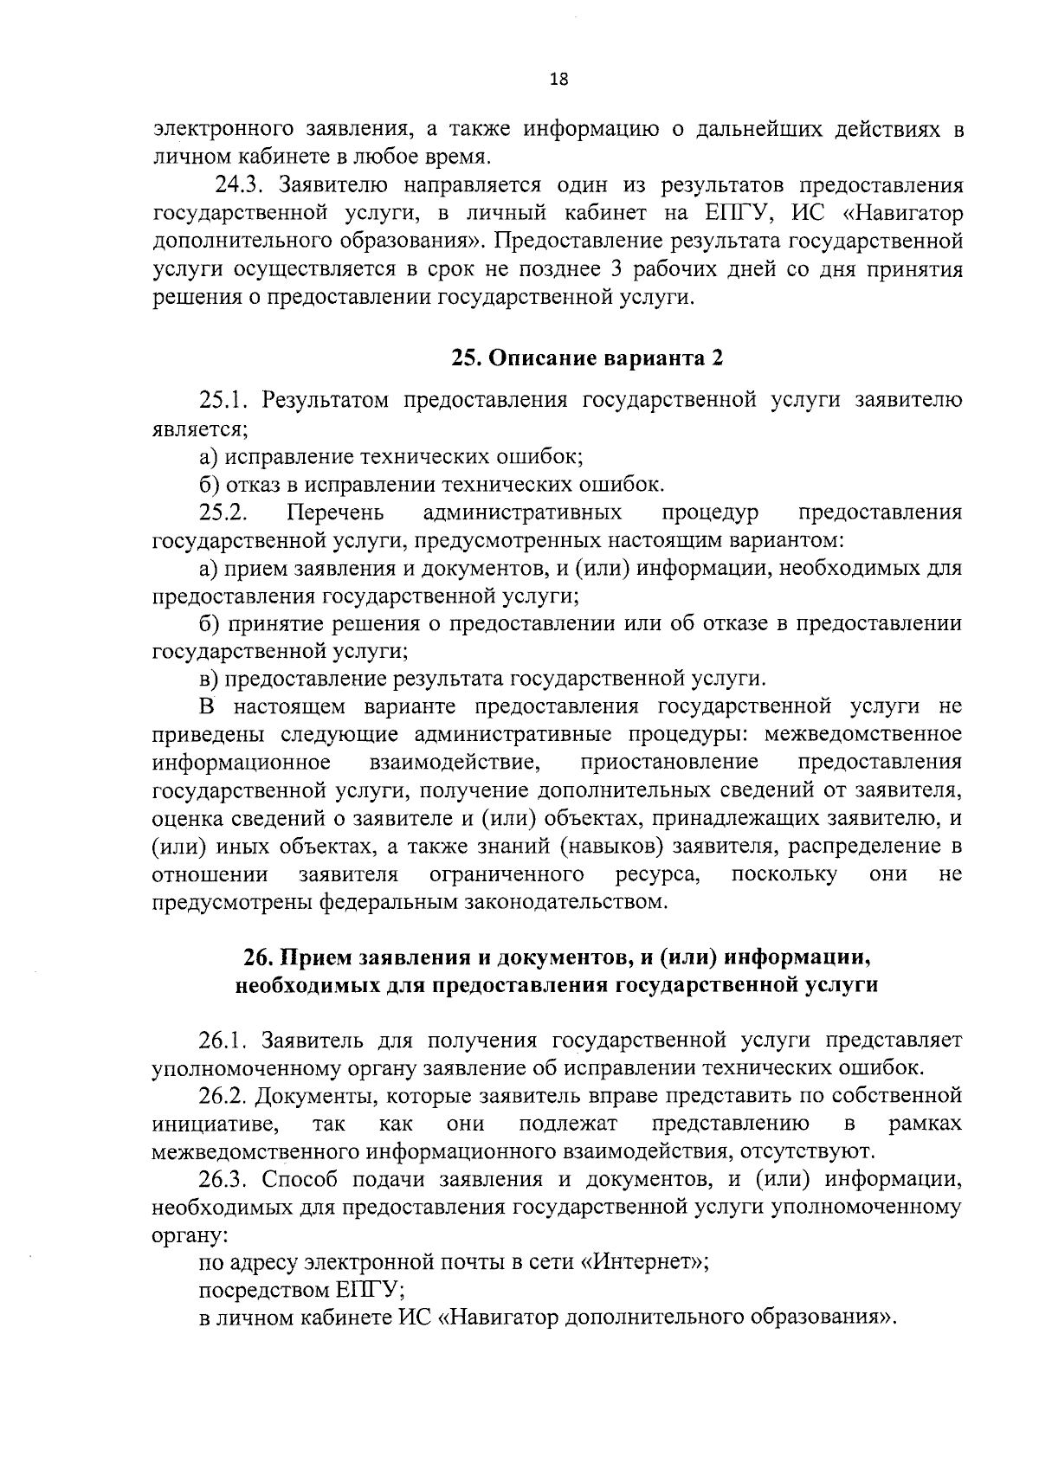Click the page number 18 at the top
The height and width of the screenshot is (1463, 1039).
pyautogui.click(x=559, y=80)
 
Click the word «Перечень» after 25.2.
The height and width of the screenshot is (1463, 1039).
pyautogui.click(x=335, y=512)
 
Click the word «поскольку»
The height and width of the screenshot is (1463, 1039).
pyautogui.click(x=784, y=873)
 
